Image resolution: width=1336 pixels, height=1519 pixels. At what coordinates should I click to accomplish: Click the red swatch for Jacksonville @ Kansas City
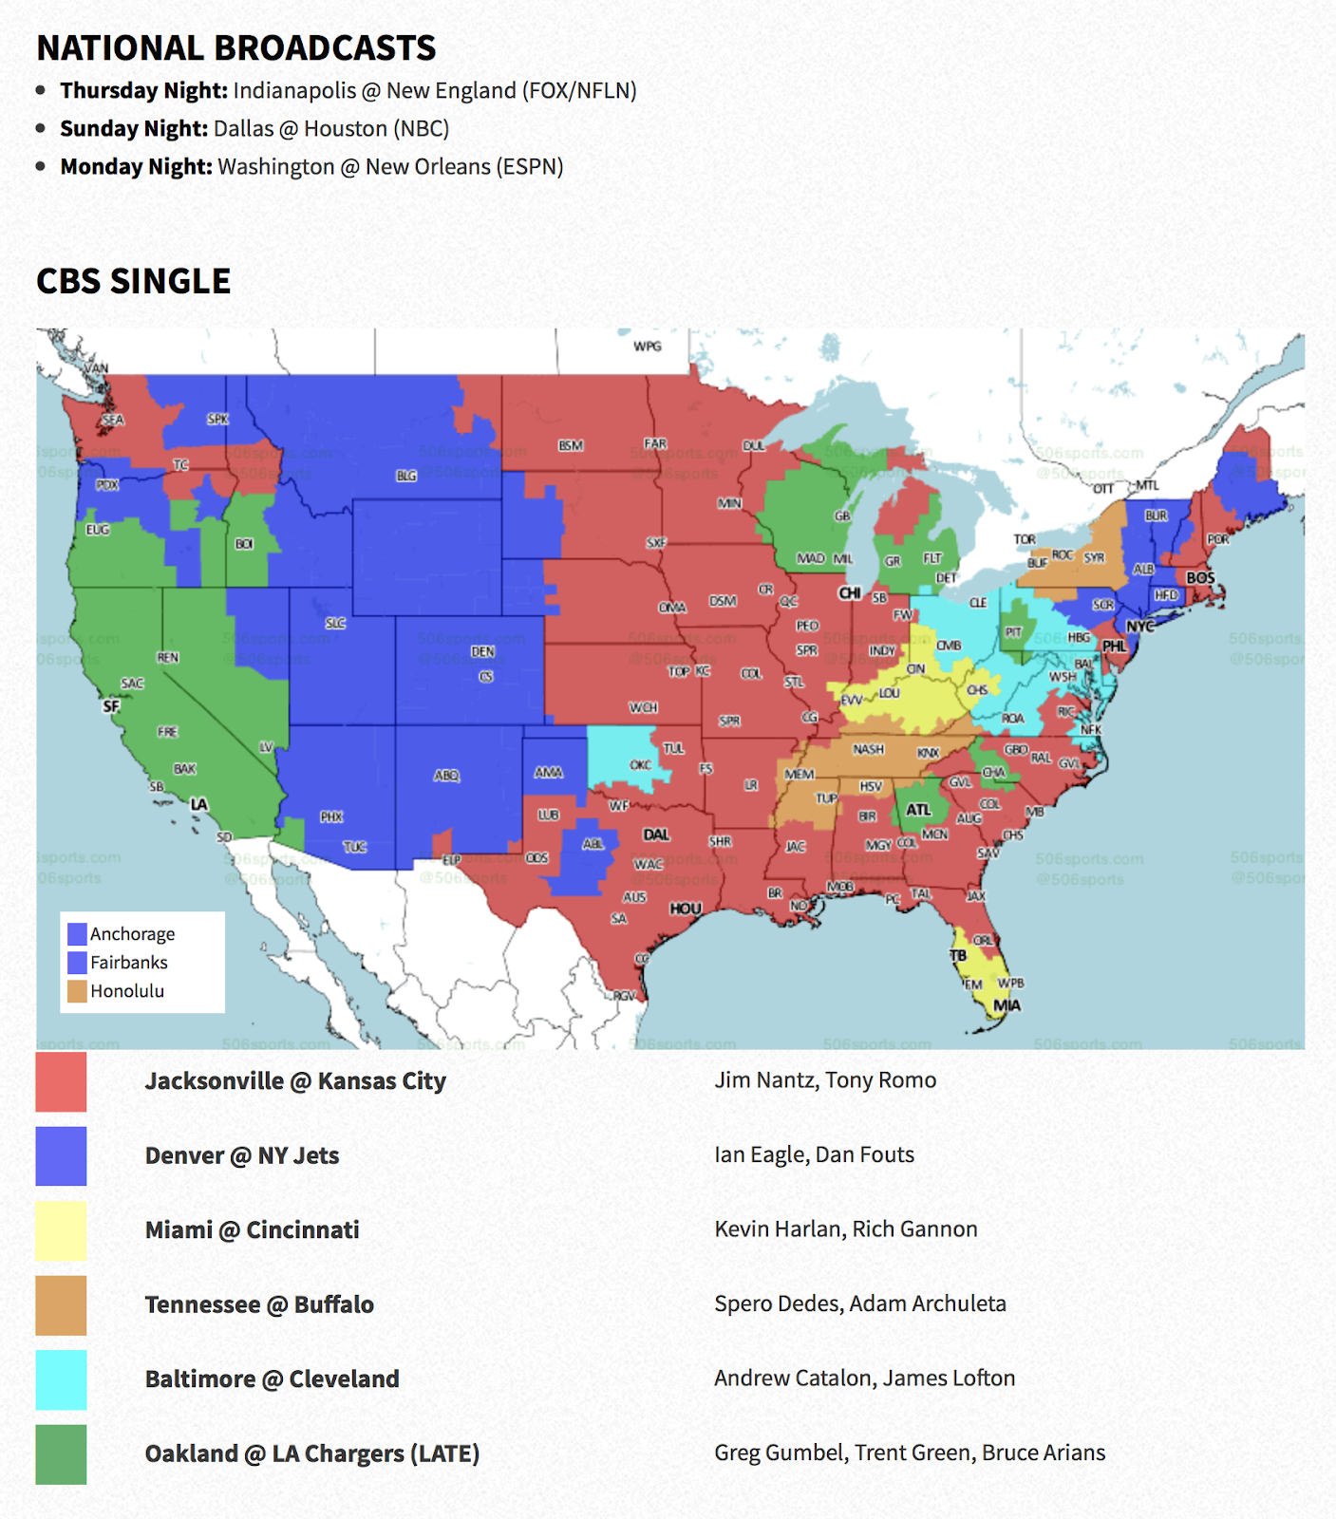[x=61, y=1081]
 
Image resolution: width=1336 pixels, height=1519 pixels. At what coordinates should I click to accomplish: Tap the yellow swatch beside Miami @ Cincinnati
[x=61, y=1230]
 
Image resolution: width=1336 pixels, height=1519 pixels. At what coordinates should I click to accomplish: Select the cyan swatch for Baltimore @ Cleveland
[x=61, y=1379]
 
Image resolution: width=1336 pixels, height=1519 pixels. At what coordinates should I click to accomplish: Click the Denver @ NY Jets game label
[x=242, y=1155]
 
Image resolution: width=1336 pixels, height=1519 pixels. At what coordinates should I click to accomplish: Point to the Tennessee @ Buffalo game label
[x=259, y=1304]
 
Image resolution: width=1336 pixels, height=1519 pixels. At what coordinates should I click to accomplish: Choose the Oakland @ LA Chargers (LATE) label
[x=311, y=1453]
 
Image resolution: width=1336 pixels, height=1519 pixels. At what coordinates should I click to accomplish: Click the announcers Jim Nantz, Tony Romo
[x=825, y=1080]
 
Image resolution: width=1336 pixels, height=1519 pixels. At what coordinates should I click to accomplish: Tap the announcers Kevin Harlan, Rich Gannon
[x=845, y=1229]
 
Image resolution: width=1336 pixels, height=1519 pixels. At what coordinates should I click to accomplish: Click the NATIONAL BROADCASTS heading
[x=235, y=47]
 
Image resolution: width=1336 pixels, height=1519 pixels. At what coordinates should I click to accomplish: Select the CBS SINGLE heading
[x=134, y=281]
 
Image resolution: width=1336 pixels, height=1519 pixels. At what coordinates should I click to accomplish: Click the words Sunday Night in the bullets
[x=134, y=128]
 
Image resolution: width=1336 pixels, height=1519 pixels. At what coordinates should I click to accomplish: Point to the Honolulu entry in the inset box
[x=127, y=991]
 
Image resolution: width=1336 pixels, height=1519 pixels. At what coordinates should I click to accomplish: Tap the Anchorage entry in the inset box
[x=132, y=934]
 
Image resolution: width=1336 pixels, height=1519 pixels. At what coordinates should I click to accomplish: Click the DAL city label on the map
[x=656, y=835]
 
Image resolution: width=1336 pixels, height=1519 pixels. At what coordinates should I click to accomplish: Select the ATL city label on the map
[x=918, y=810]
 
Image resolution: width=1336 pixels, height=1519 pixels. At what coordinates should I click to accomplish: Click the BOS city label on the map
[x=1200, y=577]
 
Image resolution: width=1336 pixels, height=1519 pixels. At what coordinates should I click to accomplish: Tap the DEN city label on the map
[x=482, y=652]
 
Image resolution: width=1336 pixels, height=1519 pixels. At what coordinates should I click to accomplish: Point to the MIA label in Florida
[x=1007, y=1005]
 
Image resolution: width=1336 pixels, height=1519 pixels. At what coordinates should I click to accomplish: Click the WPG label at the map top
[x=648, y=347]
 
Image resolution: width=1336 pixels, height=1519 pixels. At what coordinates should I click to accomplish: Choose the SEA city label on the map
[x=113, y=420]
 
